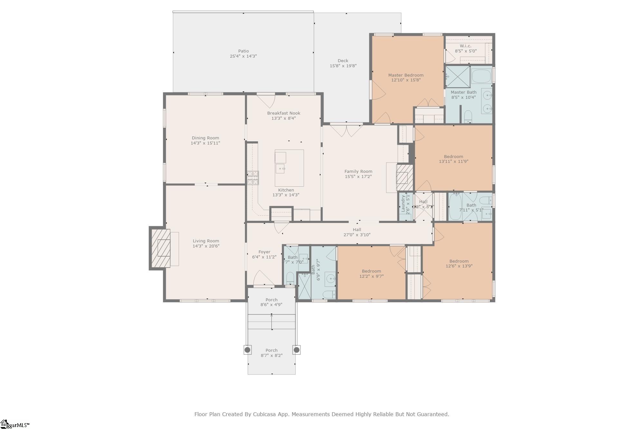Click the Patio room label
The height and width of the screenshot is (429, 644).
[x=243, y=51]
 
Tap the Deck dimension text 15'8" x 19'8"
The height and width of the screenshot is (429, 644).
[x=343, y=66]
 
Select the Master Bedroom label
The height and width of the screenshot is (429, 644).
[x=406, y=75]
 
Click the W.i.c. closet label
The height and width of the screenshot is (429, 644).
[x=465, y=46]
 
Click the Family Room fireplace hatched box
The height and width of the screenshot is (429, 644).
[x=404, y=178]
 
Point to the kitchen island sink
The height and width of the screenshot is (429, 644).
[x=280, y=169]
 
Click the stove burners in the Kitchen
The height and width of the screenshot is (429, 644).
[x=253, y=178]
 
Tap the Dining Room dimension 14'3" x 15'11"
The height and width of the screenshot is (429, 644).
[x=205, y=143]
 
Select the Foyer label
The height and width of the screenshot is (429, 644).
[x=264, y=252]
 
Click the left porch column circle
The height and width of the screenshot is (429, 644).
[x=247, y=350]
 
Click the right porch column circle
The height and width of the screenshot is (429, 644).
[x=297, y=350]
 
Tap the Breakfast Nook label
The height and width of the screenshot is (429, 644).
[x=283, y=113]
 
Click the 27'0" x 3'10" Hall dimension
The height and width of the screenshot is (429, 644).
[x=357, y=235]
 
